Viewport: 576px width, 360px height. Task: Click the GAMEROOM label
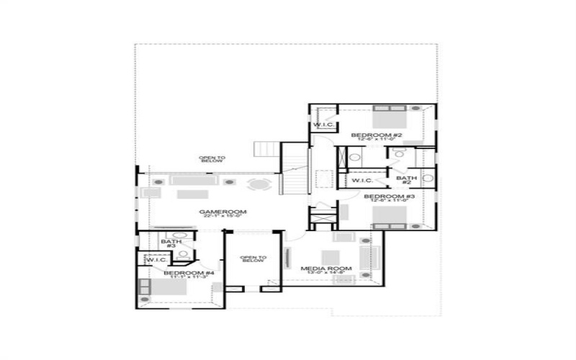click(223, 212)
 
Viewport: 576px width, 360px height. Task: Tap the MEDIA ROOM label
click(326, 269)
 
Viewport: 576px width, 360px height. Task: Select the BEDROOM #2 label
click(376, 135)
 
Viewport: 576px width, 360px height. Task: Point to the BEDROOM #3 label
click(388, 196)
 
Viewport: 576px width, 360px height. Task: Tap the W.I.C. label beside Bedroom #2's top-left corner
click(322, 125)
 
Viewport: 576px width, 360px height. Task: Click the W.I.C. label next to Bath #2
click(361, 180)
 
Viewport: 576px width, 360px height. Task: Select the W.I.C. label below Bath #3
click(157, 259)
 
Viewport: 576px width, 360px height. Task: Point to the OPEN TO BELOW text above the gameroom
click(212, 159)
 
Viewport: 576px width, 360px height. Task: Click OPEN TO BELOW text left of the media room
click(253, 259)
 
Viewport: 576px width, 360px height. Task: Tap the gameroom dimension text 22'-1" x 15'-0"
click(223, 217)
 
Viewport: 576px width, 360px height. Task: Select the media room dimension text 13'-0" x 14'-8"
click(326, 274)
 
